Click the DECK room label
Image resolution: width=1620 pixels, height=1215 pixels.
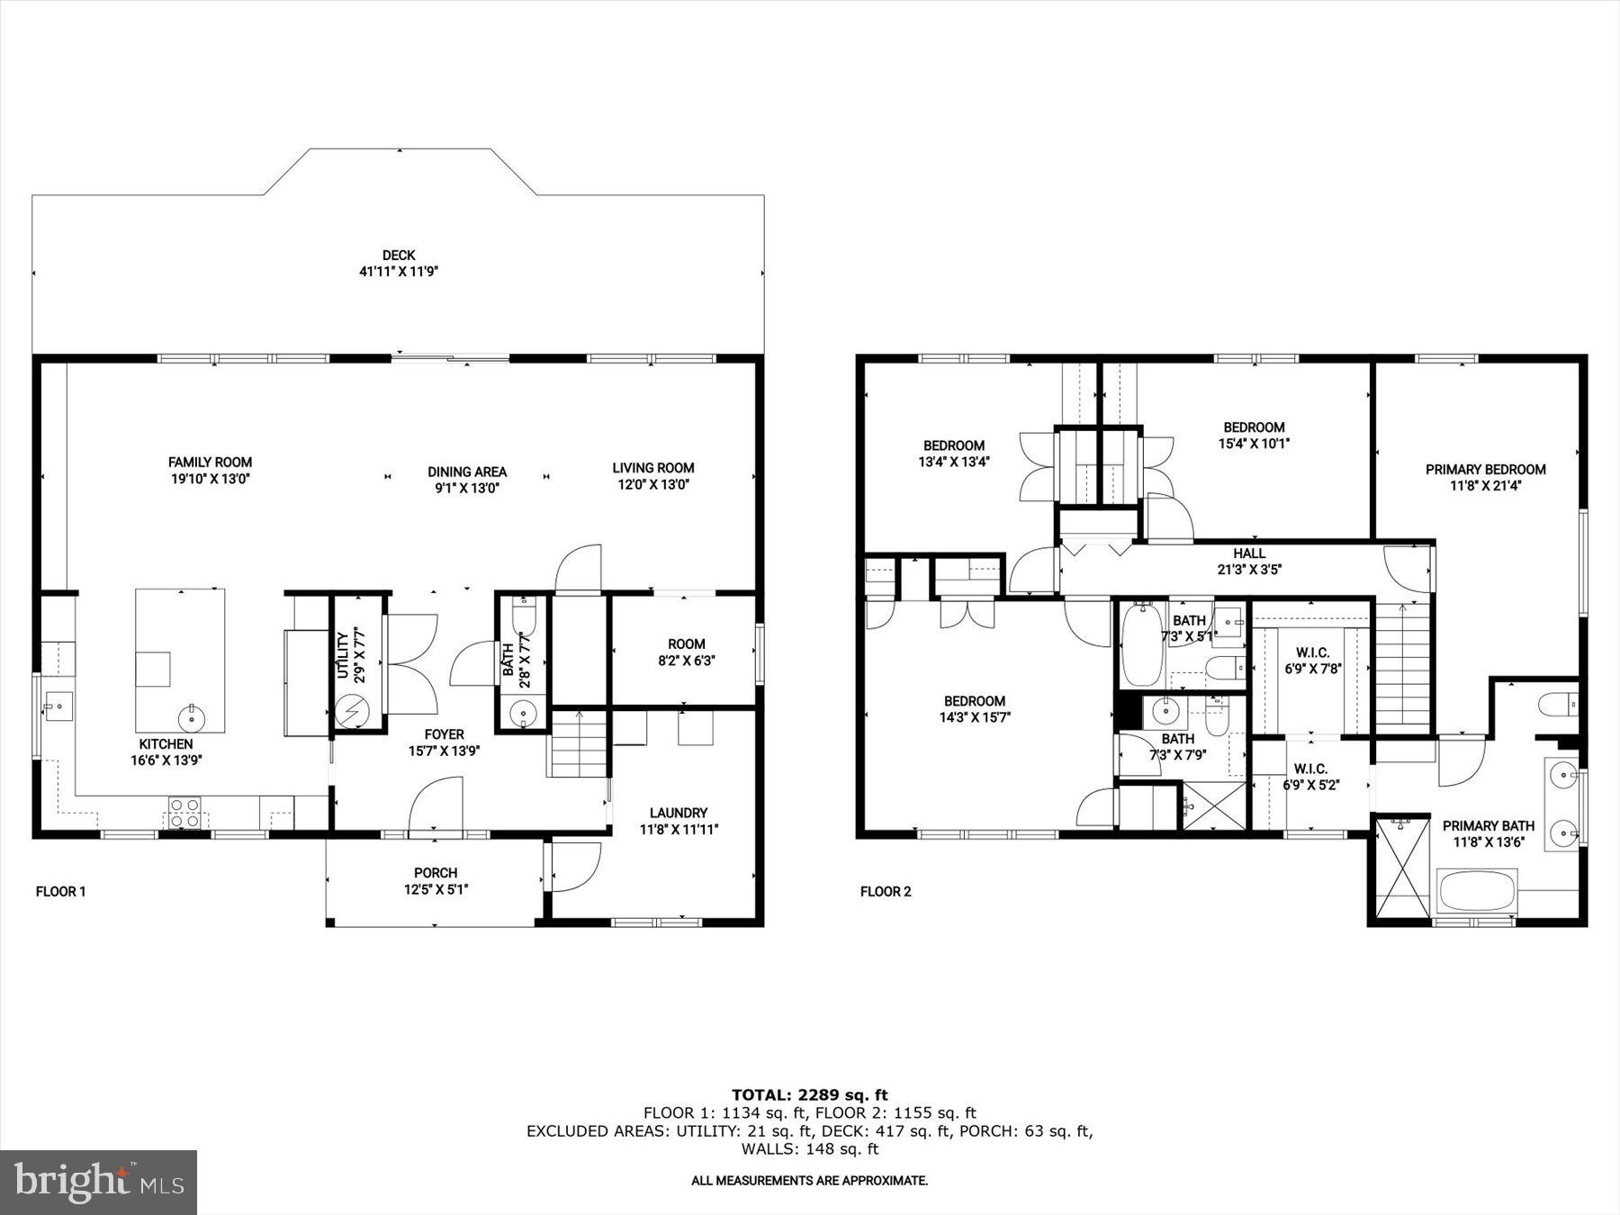[398, 256]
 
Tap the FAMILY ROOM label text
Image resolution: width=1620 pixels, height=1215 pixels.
[210, 463]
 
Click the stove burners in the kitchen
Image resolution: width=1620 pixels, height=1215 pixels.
[184, 813]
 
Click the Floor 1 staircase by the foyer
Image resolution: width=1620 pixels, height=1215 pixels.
[578, 743]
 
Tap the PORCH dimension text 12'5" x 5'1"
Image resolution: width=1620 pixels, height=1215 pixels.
[436, 889]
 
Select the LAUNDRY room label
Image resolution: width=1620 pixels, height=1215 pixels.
[679, 813]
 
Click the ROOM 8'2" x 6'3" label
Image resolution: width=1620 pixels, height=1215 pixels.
[686, 644]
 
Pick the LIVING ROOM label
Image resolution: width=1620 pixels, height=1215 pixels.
[652, 468]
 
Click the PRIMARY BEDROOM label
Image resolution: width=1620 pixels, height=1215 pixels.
[1485, 470]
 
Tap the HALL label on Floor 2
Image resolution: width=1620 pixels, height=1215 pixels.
[1248, 553]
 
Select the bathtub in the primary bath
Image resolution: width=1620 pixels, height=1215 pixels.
[1477, 891]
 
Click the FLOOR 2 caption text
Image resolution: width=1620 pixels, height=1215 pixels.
[885, 892]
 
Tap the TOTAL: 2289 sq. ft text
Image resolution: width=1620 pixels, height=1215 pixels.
[809, 1095]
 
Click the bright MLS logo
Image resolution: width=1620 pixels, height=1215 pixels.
[98, 1182]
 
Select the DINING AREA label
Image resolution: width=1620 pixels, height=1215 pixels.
[466, 472]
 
